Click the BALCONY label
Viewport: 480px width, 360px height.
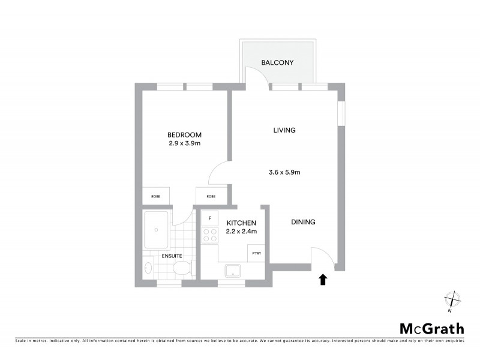(277, 62)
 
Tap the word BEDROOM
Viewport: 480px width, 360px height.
(184, 135)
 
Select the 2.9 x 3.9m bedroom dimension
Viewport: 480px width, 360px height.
(184, 144)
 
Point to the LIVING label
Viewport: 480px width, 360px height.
(284, 130)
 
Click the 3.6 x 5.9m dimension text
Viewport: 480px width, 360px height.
(284, 172)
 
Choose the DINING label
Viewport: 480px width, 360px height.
(303, 222)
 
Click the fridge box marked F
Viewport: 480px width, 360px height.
(210, 218)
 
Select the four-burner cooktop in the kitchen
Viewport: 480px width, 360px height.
(210, 235)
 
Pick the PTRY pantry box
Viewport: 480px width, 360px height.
(256, 253)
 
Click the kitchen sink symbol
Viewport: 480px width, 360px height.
(232, 271)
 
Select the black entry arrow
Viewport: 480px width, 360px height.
(323, 278)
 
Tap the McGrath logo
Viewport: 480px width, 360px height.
(432, 328)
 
